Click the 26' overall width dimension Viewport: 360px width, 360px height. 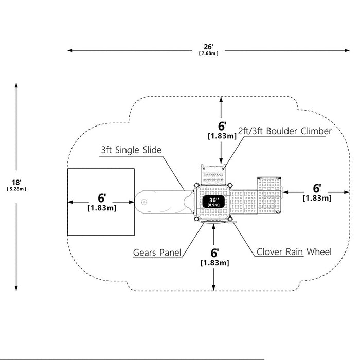click(x=208, y=47)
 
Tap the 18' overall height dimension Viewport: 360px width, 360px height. click(x=16, y=182)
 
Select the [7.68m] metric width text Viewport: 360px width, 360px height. click(x=208, y=53)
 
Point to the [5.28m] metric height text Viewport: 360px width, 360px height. click(x=16, y=189)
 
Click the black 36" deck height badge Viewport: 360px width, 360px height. click(x=213, y=202)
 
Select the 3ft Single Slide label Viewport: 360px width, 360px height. click(x=131, y=150)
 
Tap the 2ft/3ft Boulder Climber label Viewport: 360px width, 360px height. click(x=285, y=131)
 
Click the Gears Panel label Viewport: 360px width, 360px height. click(x=157, y=253)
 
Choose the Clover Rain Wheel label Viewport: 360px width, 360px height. click(x=294, y=251)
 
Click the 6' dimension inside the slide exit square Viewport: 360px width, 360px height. click(x=102, y=198)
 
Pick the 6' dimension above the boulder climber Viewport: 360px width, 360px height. click(x=222, y=126)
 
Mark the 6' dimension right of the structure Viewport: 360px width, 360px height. click(x=317, y=188)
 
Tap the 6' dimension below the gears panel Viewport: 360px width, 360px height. click(x=214, y=253)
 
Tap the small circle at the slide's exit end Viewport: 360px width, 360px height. click(x=144, y=202)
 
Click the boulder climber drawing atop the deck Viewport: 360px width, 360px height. click(x=213, y=174)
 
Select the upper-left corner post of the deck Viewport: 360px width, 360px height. click(x=196, y=185)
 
